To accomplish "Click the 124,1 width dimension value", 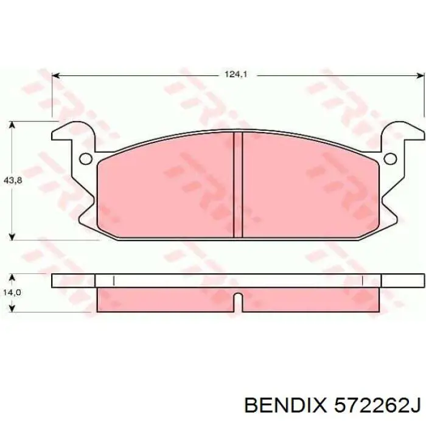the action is click(x=236, y=74).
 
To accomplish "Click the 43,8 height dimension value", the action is click(x=13, y=180).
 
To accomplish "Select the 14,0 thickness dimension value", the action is click(x=12, y=293).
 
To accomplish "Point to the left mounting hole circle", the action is click(x=86, y=159).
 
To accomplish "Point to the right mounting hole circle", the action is click(x=391, y=159).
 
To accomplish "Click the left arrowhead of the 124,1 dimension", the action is click(x=55, y=75).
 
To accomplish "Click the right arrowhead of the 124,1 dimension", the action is click(x=421, y=75).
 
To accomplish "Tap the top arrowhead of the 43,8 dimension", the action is click(x=12, y=125).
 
